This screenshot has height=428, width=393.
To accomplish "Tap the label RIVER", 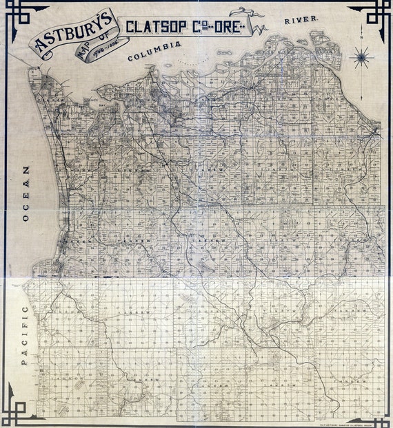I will pos(301,20).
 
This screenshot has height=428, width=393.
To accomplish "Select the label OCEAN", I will pos(27,193).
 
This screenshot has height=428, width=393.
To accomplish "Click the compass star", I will pos(361,58).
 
